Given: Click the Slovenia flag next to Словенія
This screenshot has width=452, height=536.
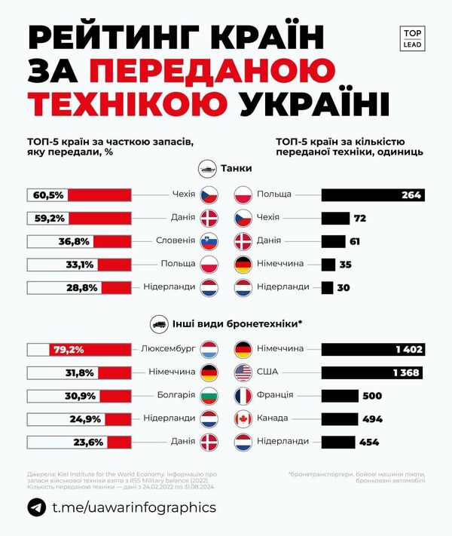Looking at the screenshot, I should pyautogui.click(x=209, y=241).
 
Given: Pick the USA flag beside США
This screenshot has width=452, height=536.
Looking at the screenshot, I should pyautogui.click(x=243, y=372).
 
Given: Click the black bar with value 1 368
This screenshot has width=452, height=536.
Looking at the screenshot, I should pyautogui.click(x=371, y=372).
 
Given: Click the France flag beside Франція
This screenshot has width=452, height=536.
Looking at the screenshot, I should pyautogui.click(x=243, y=396).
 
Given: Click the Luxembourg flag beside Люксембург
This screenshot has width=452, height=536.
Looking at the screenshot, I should pyautogui.click(x=209, y=350).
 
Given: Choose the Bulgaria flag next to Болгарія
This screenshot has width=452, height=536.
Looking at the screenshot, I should pyautogui.click(x=209, y=396).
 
